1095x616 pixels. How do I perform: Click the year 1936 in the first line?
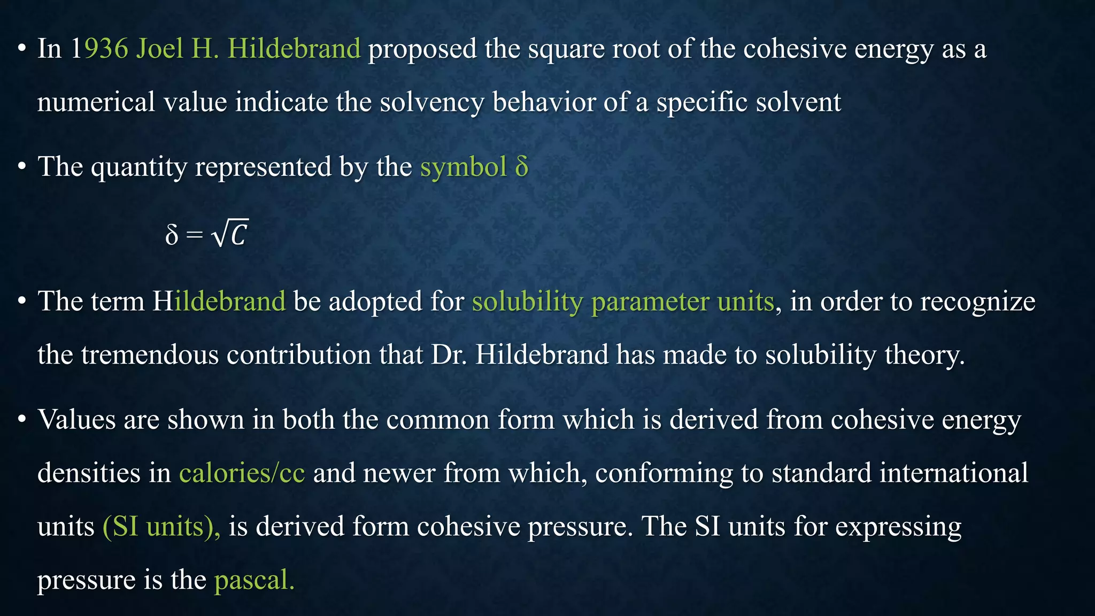point(99,49)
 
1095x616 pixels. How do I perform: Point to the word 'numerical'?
point(96,102)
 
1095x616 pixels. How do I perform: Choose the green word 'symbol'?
point(463,167)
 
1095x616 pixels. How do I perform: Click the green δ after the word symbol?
point(522,167)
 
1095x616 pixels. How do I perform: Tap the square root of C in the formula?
point(230,234)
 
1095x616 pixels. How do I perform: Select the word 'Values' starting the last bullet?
point(76,419)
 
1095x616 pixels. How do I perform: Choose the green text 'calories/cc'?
point(242,473)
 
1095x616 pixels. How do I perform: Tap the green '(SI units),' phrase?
point(161,527)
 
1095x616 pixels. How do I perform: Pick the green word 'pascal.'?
point(254,580)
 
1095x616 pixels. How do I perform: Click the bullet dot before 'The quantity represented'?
point(21,167)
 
